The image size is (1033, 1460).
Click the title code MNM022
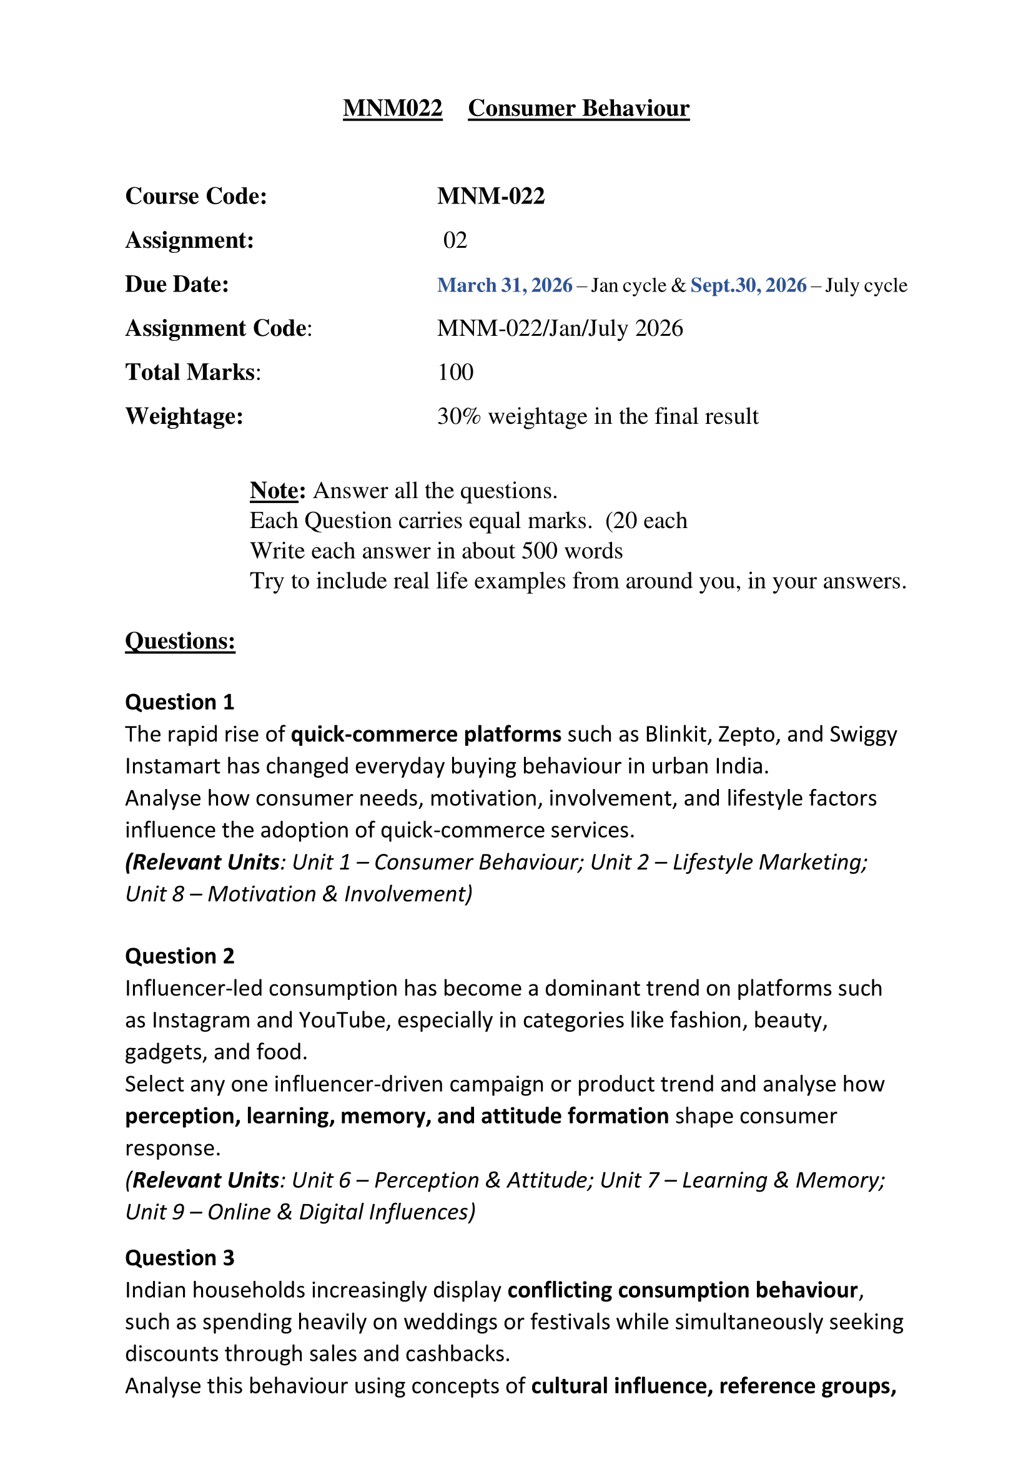[392, 109]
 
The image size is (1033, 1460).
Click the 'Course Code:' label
[196, 196]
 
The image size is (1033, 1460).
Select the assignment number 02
[455, 240]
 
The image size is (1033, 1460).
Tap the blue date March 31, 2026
[505, 285]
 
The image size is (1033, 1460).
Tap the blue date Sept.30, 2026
[748, 285]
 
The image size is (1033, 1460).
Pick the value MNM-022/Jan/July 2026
[560, 328]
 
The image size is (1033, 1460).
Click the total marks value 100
[455, 372]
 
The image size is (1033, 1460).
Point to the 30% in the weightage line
[458, 416]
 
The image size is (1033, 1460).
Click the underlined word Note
[274, 490]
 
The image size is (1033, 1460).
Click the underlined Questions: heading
[180, 641]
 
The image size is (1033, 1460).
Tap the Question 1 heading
[179, 702]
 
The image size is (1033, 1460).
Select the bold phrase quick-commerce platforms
[425, 735]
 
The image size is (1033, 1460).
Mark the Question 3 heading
[179, 1258]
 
